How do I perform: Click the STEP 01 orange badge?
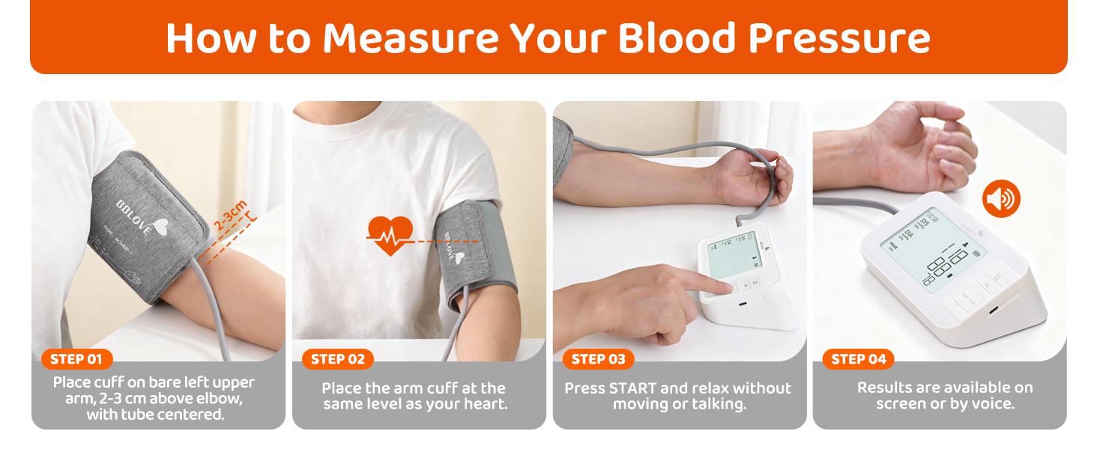point(76,359)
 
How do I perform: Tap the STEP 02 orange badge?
point(337,359)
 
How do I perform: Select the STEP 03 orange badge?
point(598,359)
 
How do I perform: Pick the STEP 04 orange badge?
point(859,359)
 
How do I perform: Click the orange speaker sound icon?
point(1001,199)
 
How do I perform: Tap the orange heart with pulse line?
point(390,235)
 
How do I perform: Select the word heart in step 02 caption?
point(483,404)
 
